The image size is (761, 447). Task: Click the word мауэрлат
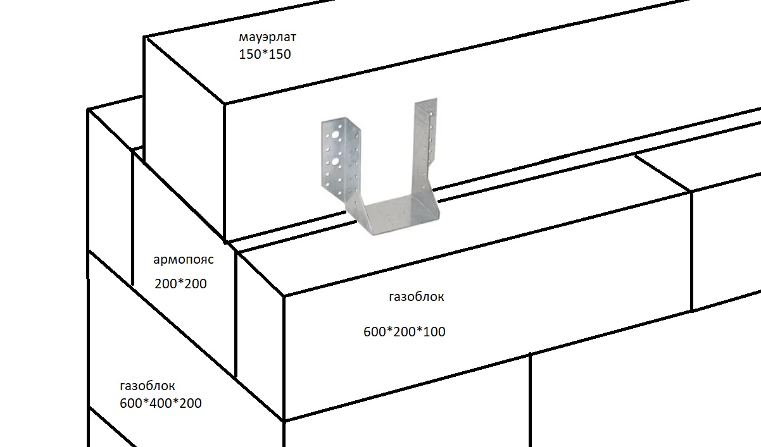(x=267, y=37)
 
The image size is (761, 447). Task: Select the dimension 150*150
(x=265, y=54)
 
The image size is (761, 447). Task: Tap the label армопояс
(x=184, y=259)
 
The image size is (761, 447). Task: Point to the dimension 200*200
(x=180, y=283)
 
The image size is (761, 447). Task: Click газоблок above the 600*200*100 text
(x=416, y=297)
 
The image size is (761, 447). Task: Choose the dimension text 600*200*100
(x=405, y=332)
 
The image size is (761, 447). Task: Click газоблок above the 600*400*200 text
(x=148, y=386)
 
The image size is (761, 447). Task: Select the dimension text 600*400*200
(x=161, y=403)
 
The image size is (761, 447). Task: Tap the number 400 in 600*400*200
(x=161, y=403)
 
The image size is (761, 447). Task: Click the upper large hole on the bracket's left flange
(x=335, y=136)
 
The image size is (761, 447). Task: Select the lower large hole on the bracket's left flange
(x=335, y=162)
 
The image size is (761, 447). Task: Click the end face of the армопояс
(x=184, y=264)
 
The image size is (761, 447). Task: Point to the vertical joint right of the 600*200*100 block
(x=692, y=252)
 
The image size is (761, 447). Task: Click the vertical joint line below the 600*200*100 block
(x=530, y=400)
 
